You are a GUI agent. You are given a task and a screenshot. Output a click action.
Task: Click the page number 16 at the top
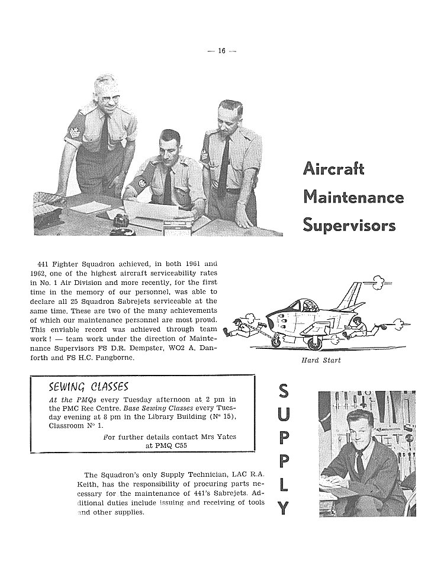click(x=221, y=51)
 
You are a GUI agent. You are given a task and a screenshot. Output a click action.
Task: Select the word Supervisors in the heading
click(x=349, y=225)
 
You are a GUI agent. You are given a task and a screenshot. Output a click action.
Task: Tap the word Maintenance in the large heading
click(x=353, y=197)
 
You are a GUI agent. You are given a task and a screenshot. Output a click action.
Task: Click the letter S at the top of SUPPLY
click(x=284, y=392)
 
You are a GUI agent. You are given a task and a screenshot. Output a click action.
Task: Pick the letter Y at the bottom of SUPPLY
click(x=284, y=507)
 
